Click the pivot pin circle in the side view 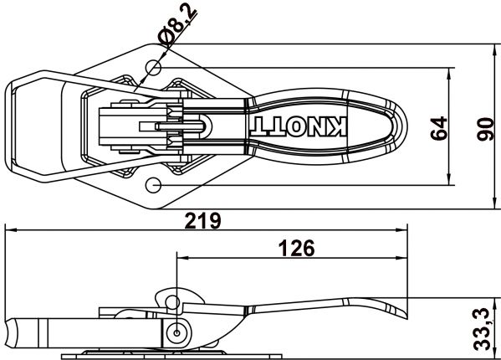176,332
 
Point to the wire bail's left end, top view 9,126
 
